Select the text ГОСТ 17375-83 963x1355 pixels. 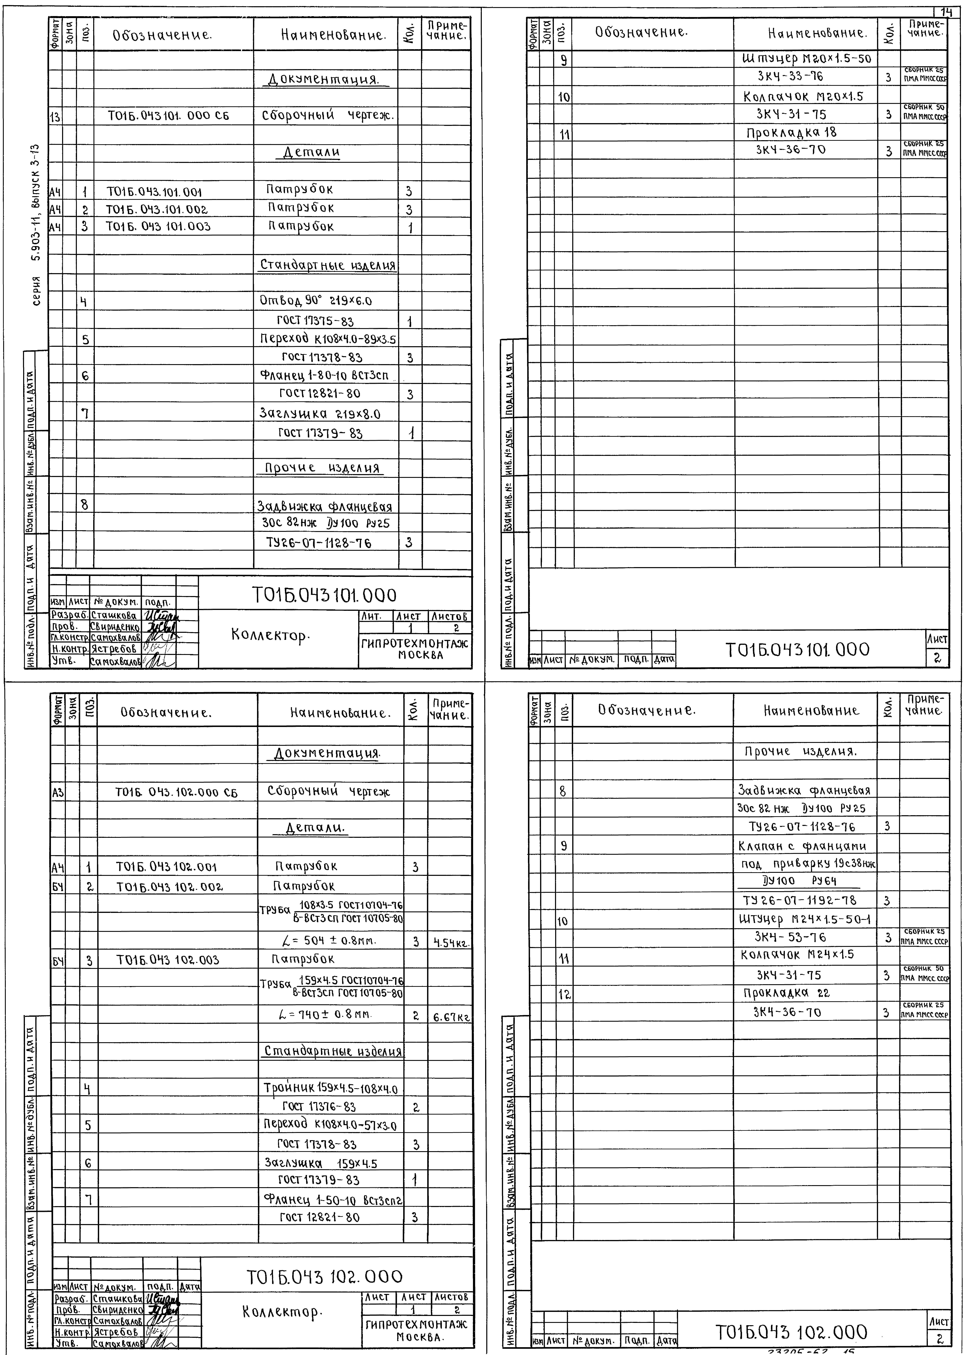(316, 321)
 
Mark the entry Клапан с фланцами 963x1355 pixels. (802, 846)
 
